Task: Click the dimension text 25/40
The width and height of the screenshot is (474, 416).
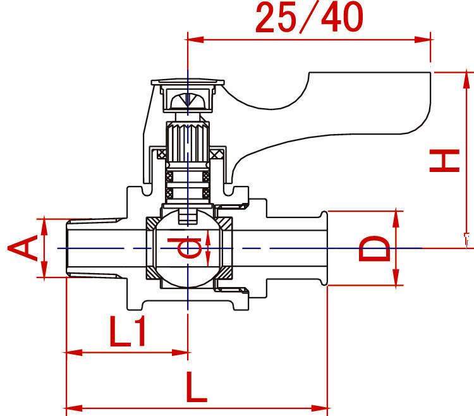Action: click(x=309, y=17)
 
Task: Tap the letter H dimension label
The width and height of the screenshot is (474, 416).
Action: click(x=445, y=161)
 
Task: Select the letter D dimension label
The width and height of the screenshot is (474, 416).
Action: click(x=374, y=248)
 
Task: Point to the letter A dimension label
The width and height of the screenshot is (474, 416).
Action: click(x=23, y=248)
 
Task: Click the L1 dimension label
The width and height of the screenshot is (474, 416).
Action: click(x=128, y=331)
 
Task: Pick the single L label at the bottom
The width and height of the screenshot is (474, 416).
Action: click(x=197, y=387)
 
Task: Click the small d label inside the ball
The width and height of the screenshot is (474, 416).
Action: click(x=185, y=248)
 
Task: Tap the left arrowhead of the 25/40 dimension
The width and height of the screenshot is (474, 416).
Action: click(x=194, y=39)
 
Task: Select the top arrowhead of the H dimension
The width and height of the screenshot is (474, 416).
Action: click(x=466, y=79)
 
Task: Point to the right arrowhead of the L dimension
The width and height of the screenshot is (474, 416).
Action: click(x=320, y=408)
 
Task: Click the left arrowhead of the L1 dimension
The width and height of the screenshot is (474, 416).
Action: click(x=73, y=352)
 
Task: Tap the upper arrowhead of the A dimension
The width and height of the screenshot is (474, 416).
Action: click(x=44, y=226)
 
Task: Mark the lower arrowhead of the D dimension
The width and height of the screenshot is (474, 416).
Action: click(x=396, y=277)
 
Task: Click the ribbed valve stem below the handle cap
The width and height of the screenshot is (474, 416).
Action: click(x=188, y=142)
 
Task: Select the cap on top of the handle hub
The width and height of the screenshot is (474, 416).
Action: click(x=188, y=82)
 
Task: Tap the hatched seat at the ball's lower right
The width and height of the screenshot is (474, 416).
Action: click(x=225, y=272)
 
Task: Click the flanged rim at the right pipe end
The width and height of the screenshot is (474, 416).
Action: click(x=324, y=248)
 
